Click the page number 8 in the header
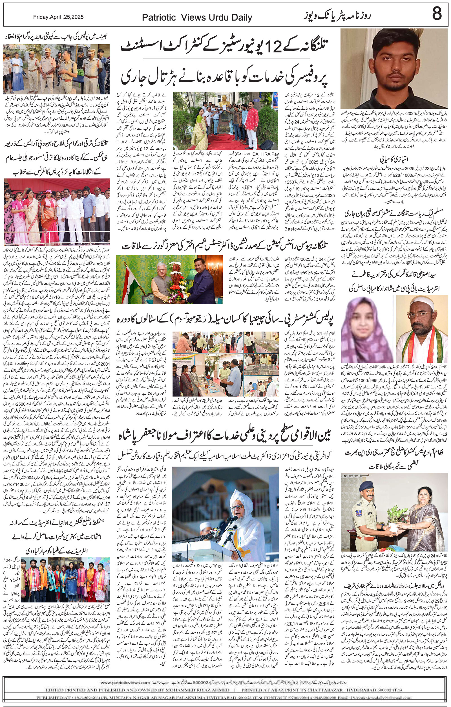pos(437,14)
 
